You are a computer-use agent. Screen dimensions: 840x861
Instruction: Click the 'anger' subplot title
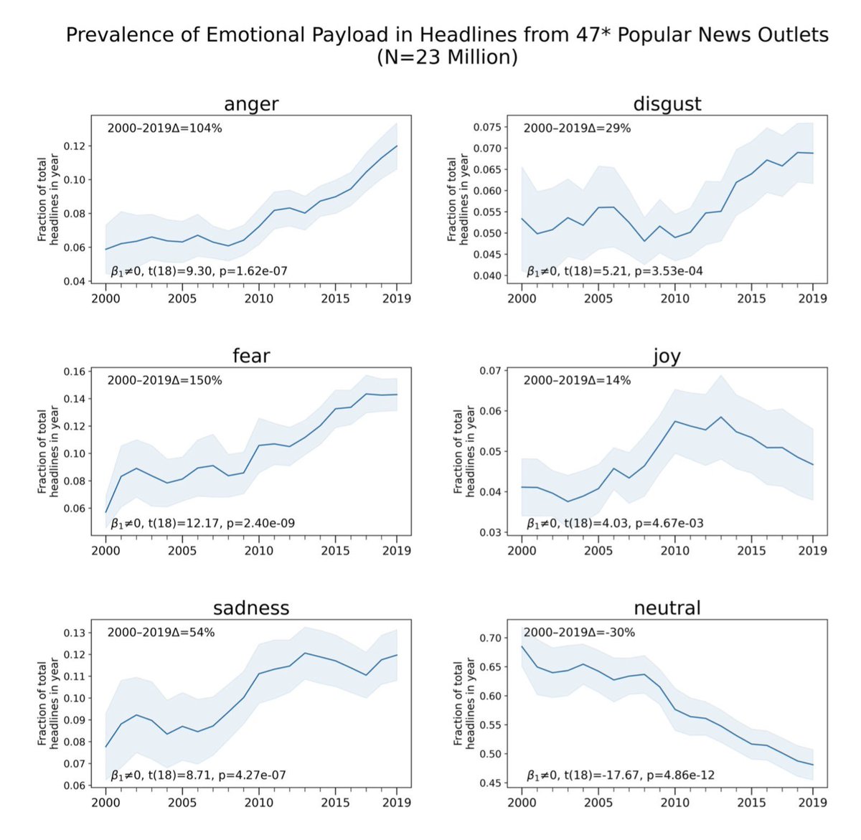click(250, 104)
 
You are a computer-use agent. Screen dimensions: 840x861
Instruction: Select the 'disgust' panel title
click(667, 104)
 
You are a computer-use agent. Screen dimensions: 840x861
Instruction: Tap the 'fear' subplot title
click(250, 356)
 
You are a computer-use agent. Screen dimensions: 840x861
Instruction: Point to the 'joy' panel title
click(667, 356)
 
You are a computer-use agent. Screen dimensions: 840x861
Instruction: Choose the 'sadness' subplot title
click(250, 608)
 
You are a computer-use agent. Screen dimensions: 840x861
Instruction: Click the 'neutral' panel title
click(667, 608)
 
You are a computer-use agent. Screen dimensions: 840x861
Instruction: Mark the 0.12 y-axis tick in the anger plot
click(75, 146)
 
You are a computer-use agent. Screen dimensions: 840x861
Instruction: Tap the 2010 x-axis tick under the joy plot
click(674, 550)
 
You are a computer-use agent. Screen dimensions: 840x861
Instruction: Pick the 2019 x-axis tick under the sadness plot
click(397, 803)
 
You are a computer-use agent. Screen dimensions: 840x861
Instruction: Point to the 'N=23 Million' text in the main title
click(447, 57)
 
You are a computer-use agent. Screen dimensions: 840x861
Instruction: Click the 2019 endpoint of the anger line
click(397, 146)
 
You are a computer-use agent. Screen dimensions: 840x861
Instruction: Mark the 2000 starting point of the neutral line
click(522, 646)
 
